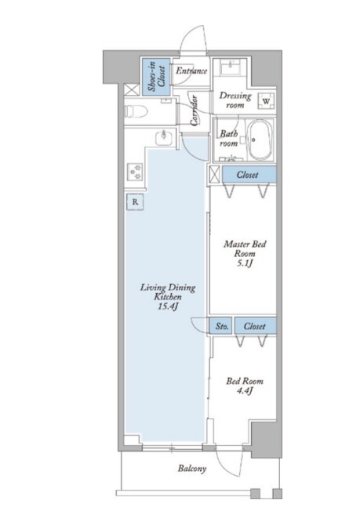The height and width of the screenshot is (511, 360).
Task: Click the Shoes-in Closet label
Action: [x=156, y=77]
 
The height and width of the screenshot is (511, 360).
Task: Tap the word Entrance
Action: [x=191, y=71]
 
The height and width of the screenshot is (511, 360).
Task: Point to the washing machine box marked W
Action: [x=267, y=101]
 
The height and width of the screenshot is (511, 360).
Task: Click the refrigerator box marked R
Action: [x=135, y=201]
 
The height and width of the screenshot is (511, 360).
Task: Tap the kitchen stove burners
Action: [x=135, y=172]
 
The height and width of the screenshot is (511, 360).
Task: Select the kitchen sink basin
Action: [x=164, y=138]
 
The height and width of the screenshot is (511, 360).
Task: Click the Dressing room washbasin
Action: [x=231, y=67]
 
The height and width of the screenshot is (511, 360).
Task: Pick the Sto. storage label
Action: [x=222, y=326]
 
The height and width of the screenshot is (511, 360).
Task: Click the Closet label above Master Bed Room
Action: [x=248, y=175]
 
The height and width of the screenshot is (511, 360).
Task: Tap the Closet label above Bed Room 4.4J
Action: [x=254, y=326]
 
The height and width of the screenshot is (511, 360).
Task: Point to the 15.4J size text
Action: [x=168, y=306]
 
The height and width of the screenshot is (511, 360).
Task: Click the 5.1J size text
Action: [x=245, y=263]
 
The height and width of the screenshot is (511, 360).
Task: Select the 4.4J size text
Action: [x=245, y=391]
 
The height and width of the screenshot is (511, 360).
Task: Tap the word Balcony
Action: [x=192, y=469]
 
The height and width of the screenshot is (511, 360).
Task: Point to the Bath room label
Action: [x=228, y=139]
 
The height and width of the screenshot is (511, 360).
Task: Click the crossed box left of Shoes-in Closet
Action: [x=132, y=89]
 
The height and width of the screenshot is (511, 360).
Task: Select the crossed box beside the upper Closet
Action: [x=215, y=175]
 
